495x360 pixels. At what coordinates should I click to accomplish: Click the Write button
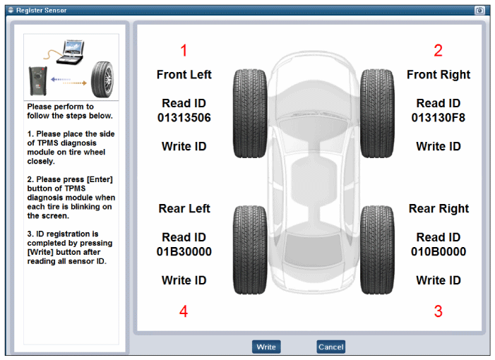tap(266, 347)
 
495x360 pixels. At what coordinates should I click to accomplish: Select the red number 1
tap(184, 51)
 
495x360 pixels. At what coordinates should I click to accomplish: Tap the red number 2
tap(439, 51)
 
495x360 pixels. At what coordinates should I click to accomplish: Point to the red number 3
tap(439, 311)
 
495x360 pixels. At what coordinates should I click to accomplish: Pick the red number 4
tap(184, 311)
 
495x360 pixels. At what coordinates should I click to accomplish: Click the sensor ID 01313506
tap(184, 118)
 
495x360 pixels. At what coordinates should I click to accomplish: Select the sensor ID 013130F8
tap(439, 118)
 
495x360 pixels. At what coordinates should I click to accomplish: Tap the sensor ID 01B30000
tap(184, 252)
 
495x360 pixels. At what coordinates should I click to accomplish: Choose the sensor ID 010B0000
tap(439, 252)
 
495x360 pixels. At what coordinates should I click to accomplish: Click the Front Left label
tap(184, 75)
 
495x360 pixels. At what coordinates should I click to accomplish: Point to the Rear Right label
tap(439, 209)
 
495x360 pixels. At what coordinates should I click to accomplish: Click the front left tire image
tap(250, 114)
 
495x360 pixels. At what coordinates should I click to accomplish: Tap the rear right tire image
tap(377, 250)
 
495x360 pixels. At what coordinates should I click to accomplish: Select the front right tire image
tap(377, 114)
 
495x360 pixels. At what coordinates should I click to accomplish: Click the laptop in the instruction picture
tap(71, 52)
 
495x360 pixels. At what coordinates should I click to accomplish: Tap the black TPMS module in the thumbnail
tap(38, 80)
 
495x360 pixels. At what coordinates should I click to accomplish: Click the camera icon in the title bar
tap(479, 11)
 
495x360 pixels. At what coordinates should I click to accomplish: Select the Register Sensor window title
tap(42, 11)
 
